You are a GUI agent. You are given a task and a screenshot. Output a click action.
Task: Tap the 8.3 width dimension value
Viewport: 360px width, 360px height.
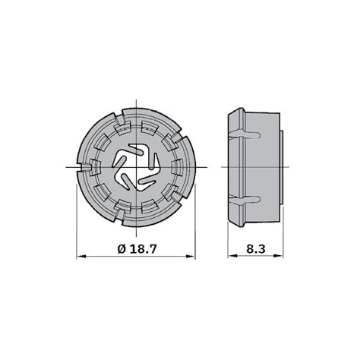(255, 248)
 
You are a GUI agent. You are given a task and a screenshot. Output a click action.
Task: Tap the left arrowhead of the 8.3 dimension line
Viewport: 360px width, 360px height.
(230, 257)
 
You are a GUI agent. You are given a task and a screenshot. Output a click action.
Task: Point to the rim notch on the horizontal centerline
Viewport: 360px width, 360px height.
(191, 166)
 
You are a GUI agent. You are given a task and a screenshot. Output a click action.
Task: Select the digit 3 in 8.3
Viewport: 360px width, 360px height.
(264, 248)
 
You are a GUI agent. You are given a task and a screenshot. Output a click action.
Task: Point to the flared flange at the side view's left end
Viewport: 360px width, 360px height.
(233, 166)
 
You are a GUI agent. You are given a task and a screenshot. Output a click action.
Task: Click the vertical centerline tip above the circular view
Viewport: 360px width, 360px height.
(137, 99)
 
